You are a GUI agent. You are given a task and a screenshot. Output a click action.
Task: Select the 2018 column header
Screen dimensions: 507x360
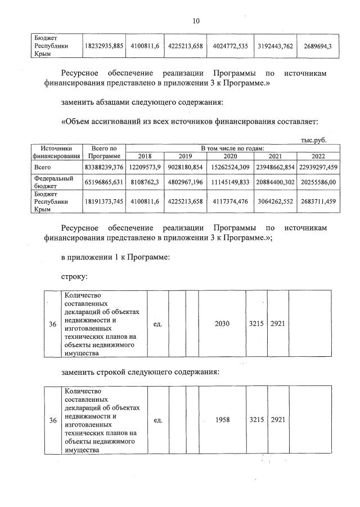[x=145, y=156]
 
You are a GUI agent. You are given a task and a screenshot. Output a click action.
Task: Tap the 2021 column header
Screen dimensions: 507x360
[x=276, y=156]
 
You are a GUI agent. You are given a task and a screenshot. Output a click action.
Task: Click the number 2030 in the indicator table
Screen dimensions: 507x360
[x=222, y=325]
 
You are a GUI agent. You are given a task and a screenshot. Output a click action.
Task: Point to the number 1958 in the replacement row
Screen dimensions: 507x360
[x=222, y=420]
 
